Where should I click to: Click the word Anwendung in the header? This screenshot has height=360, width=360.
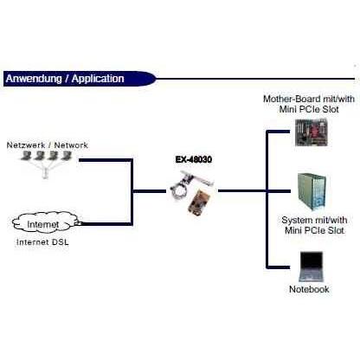tap(34, 79)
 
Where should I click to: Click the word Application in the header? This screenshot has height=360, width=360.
tap(98, 79)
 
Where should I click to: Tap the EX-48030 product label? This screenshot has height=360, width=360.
tap(194, 159)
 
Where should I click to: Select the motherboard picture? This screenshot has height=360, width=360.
tap(312, 132)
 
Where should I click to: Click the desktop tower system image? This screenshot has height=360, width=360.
tap(312, 192)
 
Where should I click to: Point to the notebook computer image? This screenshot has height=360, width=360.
tap(311, 267)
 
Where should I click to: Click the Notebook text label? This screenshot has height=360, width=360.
tap(309, 289)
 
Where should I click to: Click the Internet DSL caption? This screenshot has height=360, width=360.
tap(42, 242)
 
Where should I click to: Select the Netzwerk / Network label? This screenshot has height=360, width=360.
tap(47, 145)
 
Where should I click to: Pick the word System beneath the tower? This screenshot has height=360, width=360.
tap(295, 220)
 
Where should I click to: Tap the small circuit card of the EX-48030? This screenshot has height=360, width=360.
tap(199, 202)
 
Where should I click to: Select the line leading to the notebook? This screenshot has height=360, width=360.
tap(278, 267)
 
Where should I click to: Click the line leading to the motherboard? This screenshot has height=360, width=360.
tap(278, 132)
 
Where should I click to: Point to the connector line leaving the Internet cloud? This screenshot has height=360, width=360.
tap(106, 224)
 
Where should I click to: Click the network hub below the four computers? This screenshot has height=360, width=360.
tap(44, 174)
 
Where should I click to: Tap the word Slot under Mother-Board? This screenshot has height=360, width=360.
tap(331, 109)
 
